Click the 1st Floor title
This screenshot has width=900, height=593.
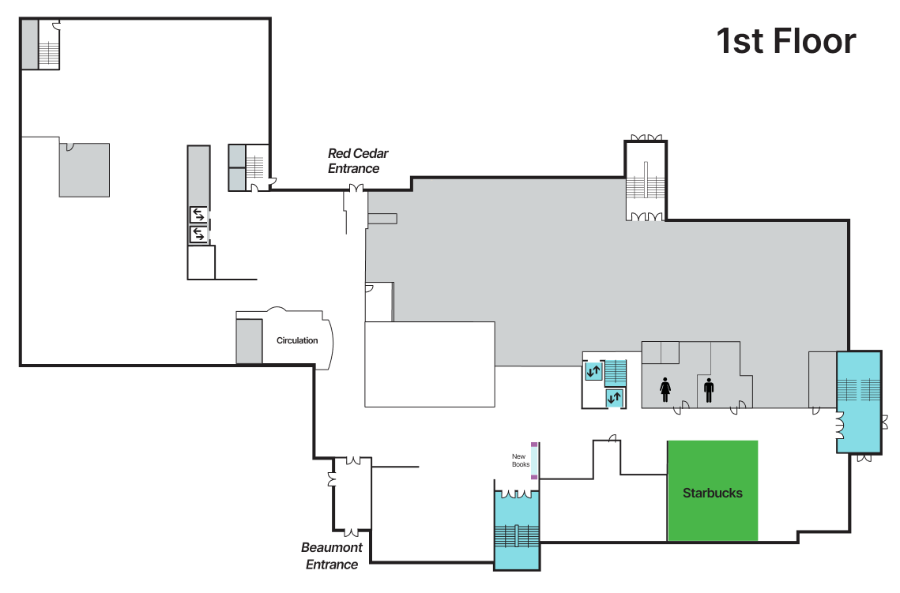pyautogui.click(x=785, y=41)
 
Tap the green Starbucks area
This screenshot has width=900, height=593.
pyautogui.click(x=712, y=491)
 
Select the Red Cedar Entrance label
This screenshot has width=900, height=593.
pyautogui.click(x=358, y=161)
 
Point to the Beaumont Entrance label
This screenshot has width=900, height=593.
pyautogui.click(x=332, y=556)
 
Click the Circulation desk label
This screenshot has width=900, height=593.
pyautogui.click(x=297, y=340)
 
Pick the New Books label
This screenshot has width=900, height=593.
pyautogui.click(x=521, y=460)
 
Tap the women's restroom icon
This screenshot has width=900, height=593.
pyautogui.click(x=665, y=389)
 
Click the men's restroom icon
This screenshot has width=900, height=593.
pyautogui.click(x=709, y=390)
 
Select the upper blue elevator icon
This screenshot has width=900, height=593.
pyautogui.click(x=593, y=371)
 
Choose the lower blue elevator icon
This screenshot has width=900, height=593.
pyautogui.click(x=614, y=397)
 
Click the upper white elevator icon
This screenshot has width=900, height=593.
pyautogui.click(x=198, y=215)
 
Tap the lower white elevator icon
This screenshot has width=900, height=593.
pyautogui.click(x=198, y=235)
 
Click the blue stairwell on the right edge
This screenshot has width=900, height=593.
pyautogui.click(x=859, y=402)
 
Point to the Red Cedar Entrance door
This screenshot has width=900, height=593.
pyautogui.click(x=356, y=189)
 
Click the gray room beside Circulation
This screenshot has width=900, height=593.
pyautogui.click(x=249, y=341)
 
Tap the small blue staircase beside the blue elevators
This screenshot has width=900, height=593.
pyautogui.click(x=616, y=373)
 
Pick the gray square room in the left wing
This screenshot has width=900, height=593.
pyautogui.click(x=85, y=170)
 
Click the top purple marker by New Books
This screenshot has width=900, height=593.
pyautogui.click(x=534, y=445)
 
